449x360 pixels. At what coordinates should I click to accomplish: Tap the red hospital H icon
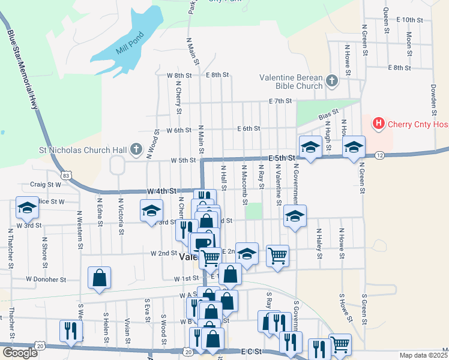coord(379,124)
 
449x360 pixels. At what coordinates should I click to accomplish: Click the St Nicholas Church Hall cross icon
coord(136,149)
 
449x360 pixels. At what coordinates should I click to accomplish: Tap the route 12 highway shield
coord(380,155)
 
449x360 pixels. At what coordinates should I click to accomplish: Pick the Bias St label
coord(329,113)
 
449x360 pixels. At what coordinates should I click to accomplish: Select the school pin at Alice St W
coord(27,208)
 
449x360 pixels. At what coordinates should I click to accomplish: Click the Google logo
coord(20,353)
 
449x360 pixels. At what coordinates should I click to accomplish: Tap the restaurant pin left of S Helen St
coord(71,331)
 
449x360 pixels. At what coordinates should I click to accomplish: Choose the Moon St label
coord(409,41)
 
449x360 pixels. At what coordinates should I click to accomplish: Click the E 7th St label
coord(280,101)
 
